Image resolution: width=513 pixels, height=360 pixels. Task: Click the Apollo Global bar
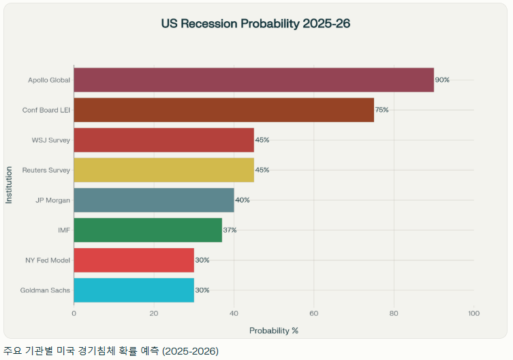coord(253,80)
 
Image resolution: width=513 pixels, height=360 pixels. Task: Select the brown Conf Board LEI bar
coord(223,110)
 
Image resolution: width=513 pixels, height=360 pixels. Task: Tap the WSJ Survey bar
coord(164,140)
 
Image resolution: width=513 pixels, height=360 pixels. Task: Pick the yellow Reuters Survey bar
coord(164,170)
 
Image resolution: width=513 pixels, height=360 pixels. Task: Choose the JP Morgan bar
coord(153,200)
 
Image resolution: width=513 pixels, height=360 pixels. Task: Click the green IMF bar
coord(148,230)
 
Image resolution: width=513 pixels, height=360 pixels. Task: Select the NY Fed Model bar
coord(134,260)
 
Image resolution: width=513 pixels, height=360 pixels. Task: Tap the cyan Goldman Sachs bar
coord(134,290)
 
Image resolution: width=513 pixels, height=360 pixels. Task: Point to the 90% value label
coord(442,80)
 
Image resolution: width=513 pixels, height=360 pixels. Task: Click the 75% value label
coord(382,110)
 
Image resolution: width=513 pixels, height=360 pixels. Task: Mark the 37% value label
coord(230,230)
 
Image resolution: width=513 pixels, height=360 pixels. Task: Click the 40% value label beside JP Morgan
coord(242,200)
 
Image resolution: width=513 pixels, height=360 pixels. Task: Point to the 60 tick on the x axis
coord(314,314)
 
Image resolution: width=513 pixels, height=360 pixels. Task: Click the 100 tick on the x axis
coord(474,314)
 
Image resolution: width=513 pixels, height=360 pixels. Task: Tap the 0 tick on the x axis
coord(74,314)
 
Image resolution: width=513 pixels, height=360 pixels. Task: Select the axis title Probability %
coord(274,331)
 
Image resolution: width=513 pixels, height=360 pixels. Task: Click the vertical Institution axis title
coord(9,185)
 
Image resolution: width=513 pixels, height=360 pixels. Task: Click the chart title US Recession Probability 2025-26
coord(255,24)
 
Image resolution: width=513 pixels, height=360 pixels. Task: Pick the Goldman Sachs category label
coord(46,290)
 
